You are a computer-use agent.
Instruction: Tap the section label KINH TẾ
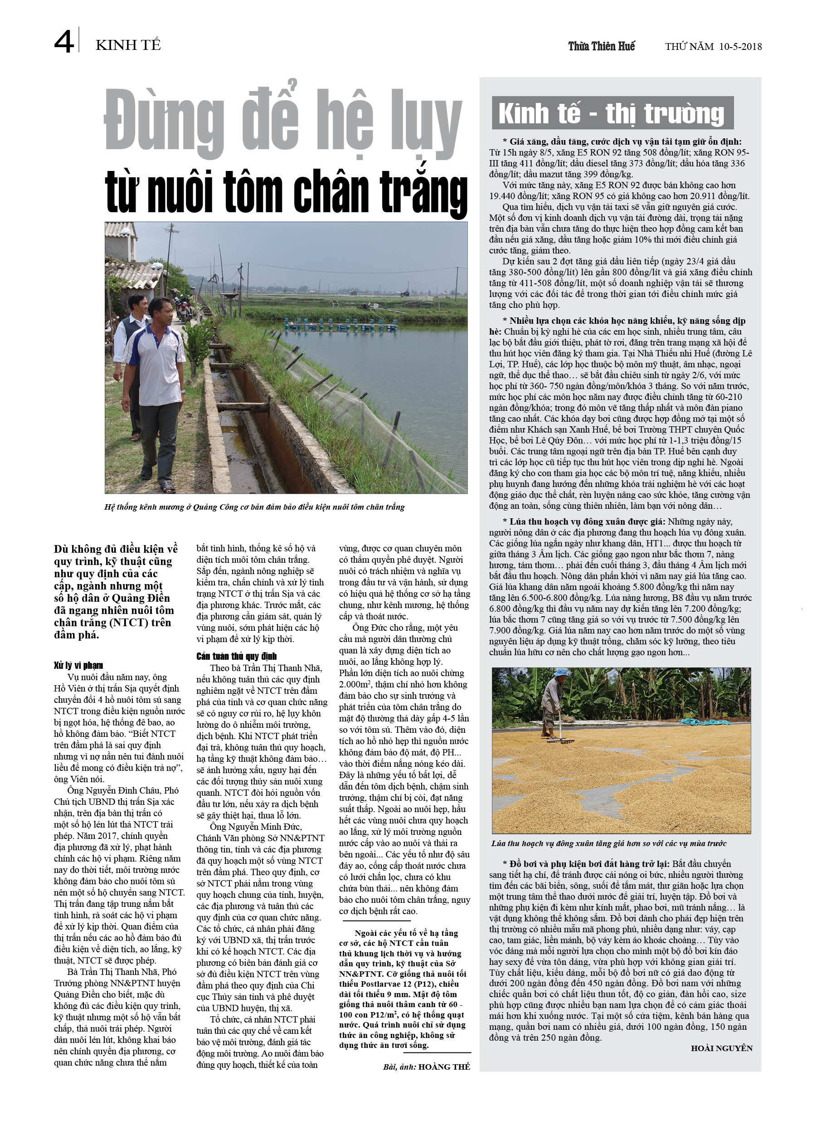click(x=128, y=45)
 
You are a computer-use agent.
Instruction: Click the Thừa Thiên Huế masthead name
click(x=601, y=47)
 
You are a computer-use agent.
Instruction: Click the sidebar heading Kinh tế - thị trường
click(x=611, y=114)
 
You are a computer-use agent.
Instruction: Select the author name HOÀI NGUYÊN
click(x=721, y=1048)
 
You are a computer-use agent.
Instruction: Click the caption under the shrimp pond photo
click(x=254, y=507)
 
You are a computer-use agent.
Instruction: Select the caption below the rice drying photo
click(x=608, y=843)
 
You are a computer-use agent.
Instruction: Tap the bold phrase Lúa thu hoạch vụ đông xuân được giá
click(x=587, y=522)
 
